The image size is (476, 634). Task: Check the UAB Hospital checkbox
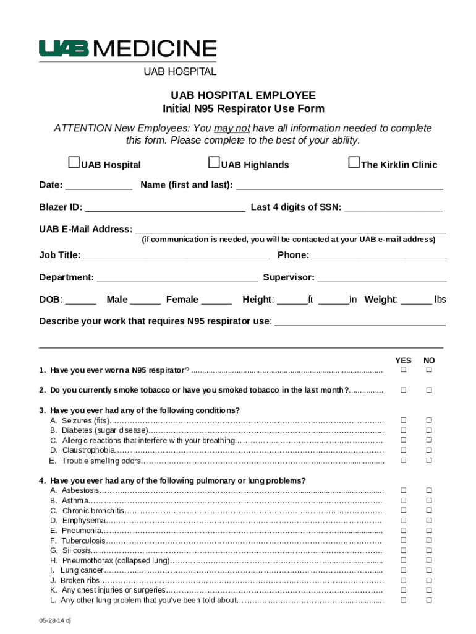[74, 163]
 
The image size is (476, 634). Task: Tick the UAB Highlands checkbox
[215, 163]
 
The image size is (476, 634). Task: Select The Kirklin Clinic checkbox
[354, 163]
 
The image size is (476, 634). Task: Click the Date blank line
[98, 186]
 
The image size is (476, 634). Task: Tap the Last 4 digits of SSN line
[393, 209]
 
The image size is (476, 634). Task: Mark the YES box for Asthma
[403, 500]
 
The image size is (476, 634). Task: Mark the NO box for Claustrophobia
[428, 450]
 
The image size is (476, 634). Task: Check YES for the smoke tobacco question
[403, 390]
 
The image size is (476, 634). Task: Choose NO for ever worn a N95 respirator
[428, 370]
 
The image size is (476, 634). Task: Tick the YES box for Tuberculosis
[403, 541]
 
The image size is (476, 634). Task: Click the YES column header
[403, 360]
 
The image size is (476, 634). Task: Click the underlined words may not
[232, 129]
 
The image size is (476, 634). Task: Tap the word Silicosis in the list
[76, 550]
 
